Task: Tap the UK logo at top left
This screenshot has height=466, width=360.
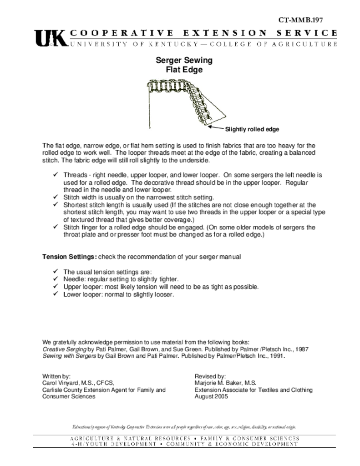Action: coord(50,38)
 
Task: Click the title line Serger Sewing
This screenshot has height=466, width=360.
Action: coord(184,60)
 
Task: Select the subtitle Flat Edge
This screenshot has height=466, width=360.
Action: coord(184,70)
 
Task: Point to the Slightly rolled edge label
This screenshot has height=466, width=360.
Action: coord(252,129)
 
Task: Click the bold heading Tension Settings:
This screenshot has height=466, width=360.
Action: coord(69,257)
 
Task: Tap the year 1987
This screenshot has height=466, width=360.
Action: coord(302,349)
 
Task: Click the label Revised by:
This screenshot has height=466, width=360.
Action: coord(210,376)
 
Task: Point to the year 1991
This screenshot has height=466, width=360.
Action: coord(277,356)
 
